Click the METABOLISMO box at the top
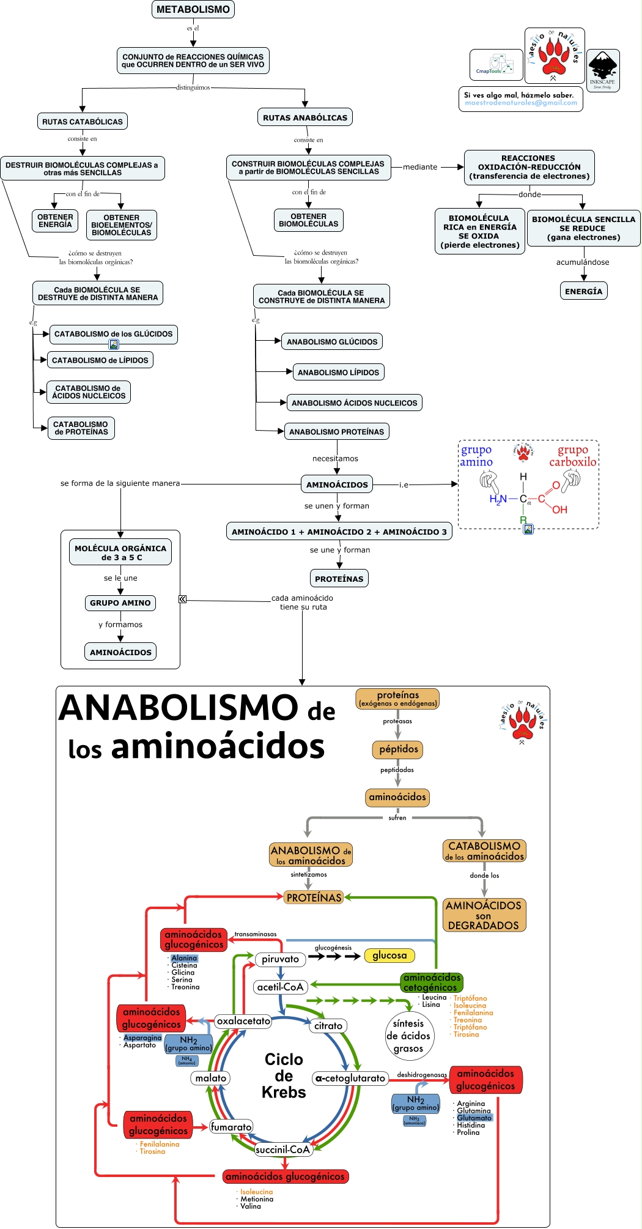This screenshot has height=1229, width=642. tap(193, 9)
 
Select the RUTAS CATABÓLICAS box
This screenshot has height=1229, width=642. tap(83, 121)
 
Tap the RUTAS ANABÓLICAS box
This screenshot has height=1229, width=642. tap(305, 117)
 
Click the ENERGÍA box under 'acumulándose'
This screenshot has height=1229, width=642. tap(583, 291)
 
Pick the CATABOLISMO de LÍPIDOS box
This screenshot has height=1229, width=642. tap(100, 360)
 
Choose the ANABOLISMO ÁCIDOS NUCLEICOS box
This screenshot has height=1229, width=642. tap(354, 403)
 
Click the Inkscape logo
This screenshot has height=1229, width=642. tap(603, 70)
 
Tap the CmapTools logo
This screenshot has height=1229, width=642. tap(496, 65)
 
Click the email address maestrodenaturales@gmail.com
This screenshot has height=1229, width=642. tap(520, 103)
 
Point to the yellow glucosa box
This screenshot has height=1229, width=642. tap(389, 955)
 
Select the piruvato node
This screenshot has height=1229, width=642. tap(280, 959)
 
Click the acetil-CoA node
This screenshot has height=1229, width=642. tap(280, 987)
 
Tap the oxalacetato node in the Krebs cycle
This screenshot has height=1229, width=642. tap(243, 1021)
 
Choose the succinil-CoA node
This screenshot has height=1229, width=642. tap(283, 1149)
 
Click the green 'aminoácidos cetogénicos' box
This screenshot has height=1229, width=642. tap(432, 982)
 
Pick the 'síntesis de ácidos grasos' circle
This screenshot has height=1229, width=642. tap(408, 1036)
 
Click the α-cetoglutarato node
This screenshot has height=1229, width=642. tap(350, 1079)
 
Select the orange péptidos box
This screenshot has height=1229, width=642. tap(398, 749)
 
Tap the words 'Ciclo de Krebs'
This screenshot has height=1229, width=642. tap(284, 1075)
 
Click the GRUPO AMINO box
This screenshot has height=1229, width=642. tap(120, 603)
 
